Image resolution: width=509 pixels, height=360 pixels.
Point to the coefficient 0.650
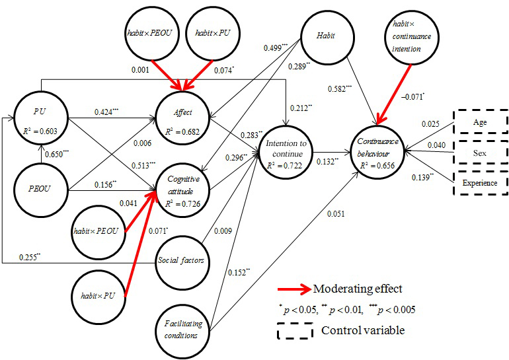click(57, 154)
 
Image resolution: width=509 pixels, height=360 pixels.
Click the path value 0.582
click(340, 89)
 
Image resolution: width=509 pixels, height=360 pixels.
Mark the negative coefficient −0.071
click(412, 96)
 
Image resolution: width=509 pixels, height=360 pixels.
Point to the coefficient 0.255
click(30, 257)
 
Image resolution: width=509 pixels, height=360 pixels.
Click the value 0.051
click(336, 214)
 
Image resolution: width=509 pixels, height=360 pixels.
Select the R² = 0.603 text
click(40, 131)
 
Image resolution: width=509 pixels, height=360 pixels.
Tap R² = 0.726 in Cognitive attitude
click(182, 203)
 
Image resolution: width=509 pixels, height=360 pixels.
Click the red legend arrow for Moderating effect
click(294, 289)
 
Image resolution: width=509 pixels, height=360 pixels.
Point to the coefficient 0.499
click(276, 48)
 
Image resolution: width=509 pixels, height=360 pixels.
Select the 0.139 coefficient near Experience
click(422, 178)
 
